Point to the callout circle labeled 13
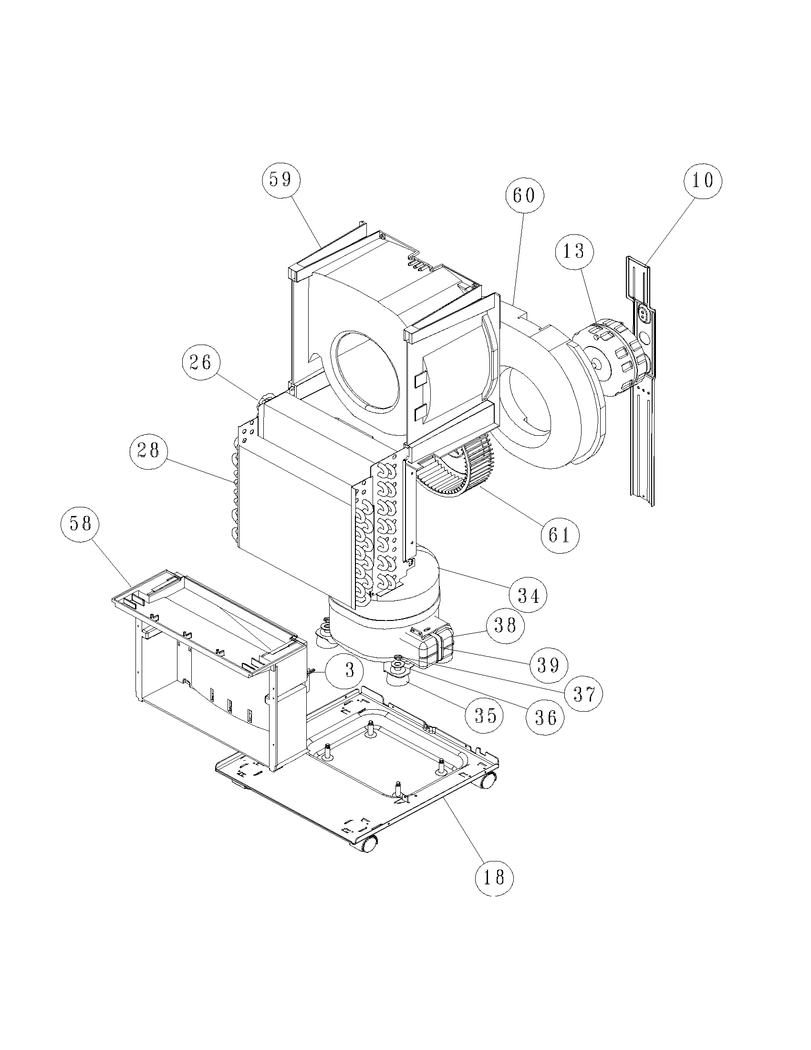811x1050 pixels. pyautogui.click(x=573, y=251)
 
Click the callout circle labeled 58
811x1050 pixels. pyautogui.click(x=80, y=524)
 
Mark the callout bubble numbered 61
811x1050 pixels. pyautogui.click(x=559, y=535)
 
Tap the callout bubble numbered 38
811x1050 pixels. pyautogui.click(x=505, y=625)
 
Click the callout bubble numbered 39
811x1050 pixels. pyautogui.click(x=548, y=664)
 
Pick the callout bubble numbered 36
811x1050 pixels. pyautogui.click(x=545, y=717)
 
